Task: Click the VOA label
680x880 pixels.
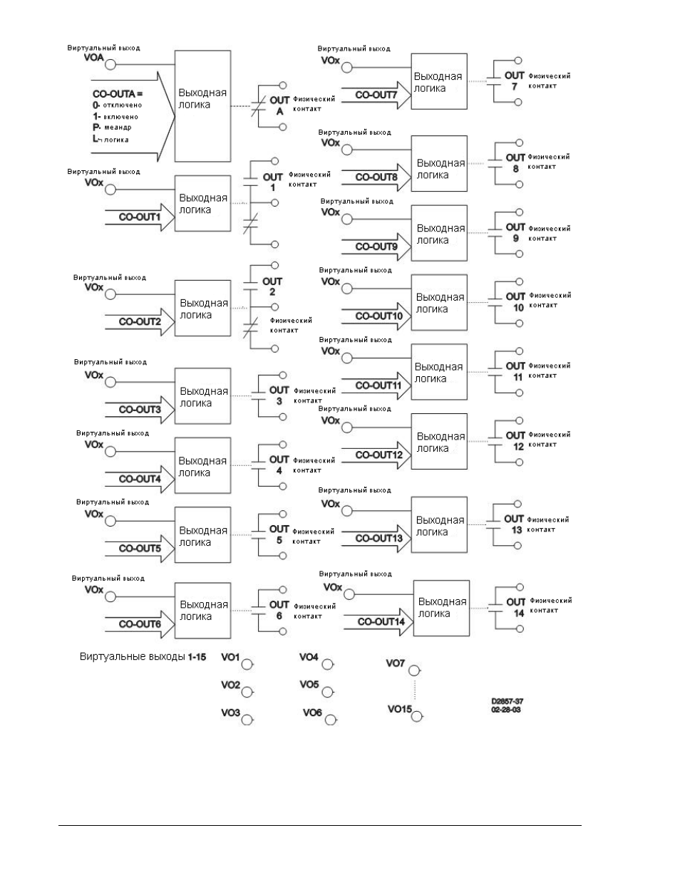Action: click(x=94, y=58)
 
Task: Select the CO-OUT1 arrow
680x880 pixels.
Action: click(x=140, y=217)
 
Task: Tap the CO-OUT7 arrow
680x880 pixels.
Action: click(x=376, y=95)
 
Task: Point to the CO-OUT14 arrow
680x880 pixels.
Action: click(x=378, y=621)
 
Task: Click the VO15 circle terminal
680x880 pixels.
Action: click(x=417, y=716)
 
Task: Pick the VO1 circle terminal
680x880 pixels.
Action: click(x=247, y=665)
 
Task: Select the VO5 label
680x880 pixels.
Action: click(x=309, y=684)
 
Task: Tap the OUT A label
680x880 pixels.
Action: click(x=279, y=105)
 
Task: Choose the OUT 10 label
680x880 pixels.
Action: click(x=515, y=302)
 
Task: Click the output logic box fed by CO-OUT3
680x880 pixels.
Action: click(x=202, y=396)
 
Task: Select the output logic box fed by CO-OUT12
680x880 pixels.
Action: click(x=439, y=441)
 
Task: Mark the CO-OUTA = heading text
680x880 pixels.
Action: click(x=118, y=94)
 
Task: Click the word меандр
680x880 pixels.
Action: click(x=118, y=128)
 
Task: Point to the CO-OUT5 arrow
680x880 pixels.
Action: click(x=140, y=549)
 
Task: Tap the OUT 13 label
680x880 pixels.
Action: click(x=515, y=524)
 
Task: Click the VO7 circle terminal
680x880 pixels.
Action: click(x=413, y=671)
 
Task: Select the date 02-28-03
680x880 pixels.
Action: click(x=506, y=710)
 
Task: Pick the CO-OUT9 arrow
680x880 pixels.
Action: click(x=376, y=247)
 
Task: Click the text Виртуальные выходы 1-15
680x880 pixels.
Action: click(x=143, y=656)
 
